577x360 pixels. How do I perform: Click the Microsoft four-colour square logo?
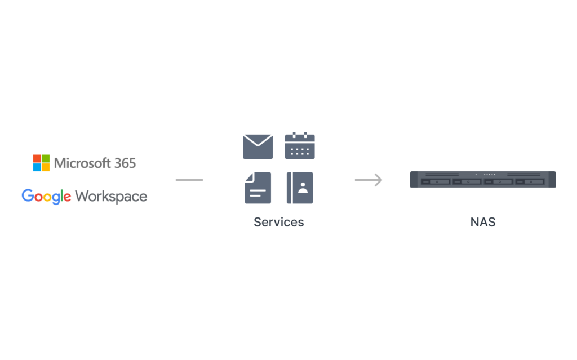(41, 163)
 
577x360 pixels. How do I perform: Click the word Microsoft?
(82, 163)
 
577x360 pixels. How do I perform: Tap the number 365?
(125, 163)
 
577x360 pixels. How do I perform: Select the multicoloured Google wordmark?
(46, 197)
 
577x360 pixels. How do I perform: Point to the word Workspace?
(111, 197)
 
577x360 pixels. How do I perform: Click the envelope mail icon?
(258, 146)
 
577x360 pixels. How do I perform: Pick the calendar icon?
(300, 145)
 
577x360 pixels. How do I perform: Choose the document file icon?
(258, 188)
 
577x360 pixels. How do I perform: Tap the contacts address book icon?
(300, 188)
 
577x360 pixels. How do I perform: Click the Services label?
(278, 222)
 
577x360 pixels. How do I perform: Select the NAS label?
(483, 222)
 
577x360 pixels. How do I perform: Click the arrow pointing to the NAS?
(369, 180)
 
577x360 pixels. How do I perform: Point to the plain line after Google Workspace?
(189, 180)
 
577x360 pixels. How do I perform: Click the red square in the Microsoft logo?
(37, 159)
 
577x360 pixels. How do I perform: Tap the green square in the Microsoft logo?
(46, 159)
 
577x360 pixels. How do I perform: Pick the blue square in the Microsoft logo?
(37, 167)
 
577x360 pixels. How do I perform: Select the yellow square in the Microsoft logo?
(46, 167)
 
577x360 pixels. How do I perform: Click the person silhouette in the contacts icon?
(303, 188)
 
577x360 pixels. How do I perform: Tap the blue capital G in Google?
(28, 195)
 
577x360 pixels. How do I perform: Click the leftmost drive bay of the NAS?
(436, 182)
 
